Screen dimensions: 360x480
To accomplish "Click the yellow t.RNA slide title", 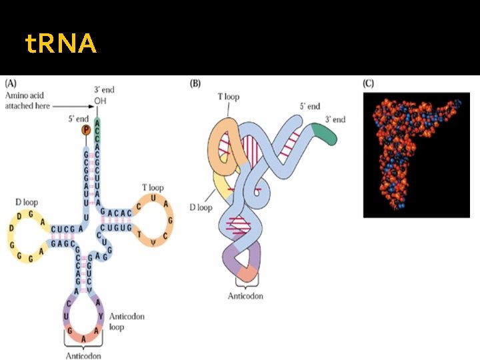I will pos(61,45).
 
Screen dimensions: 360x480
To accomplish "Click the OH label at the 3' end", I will pos(100,101).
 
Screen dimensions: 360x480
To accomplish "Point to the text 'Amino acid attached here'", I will pos(28,101).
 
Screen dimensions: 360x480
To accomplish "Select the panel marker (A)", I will pos(12,85).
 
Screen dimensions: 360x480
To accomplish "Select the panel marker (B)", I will pos(196,85).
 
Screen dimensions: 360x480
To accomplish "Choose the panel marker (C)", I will pos(369,85).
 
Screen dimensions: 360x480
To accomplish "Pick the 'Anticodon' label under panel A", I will pos(83,355).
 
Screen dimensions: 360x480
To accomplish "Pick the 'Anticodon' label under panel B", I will pos(246,295).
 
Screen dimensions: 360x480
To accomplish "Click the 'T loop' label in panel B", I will pos(228,97).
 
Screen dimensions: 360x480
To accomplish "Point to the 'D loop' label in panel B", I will pos(200,207).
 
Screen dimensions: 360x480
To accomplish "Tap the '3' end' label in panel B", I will pos(335,119).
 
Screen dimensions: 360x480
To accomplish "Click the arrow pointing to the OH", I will pos(73,106).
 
